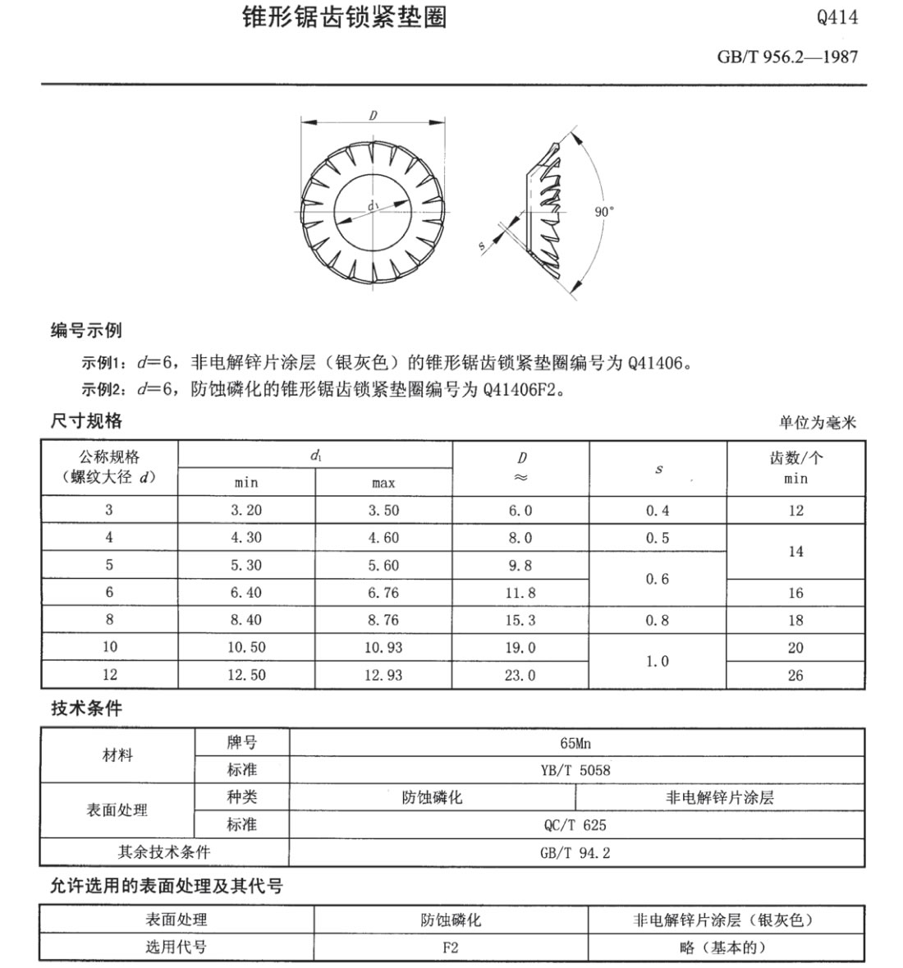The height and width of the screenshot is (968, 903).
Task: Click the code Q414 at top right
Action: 837,18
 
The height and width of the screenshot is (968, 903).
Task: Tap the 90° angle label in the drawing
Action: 603,211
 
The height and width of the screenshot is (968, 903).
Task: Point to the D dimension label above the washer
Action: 373,116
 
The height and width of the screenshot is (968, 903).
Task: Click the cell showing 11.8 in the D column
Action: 520,593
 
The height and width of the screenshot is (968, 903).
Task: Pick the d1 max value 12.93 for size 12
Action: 383,675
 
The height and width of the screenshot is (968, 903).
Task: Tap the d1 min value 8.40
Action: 245,620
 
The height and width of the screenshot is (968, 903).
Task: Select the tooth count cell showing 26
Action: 795,676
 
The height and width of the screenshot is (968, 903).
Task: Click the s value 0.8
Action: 657,620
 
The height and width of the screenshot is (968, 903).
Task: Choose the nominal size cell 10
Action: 109,647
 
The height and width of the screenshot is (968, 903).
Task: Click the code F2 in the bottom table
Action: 450,947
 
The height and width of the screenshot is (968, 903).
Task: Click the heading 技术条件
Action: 86,708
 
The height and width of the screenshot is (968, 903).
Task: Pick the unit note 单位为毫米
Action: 817,422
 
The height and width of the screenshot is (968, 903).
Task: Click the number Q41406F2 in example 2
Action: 523,389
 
